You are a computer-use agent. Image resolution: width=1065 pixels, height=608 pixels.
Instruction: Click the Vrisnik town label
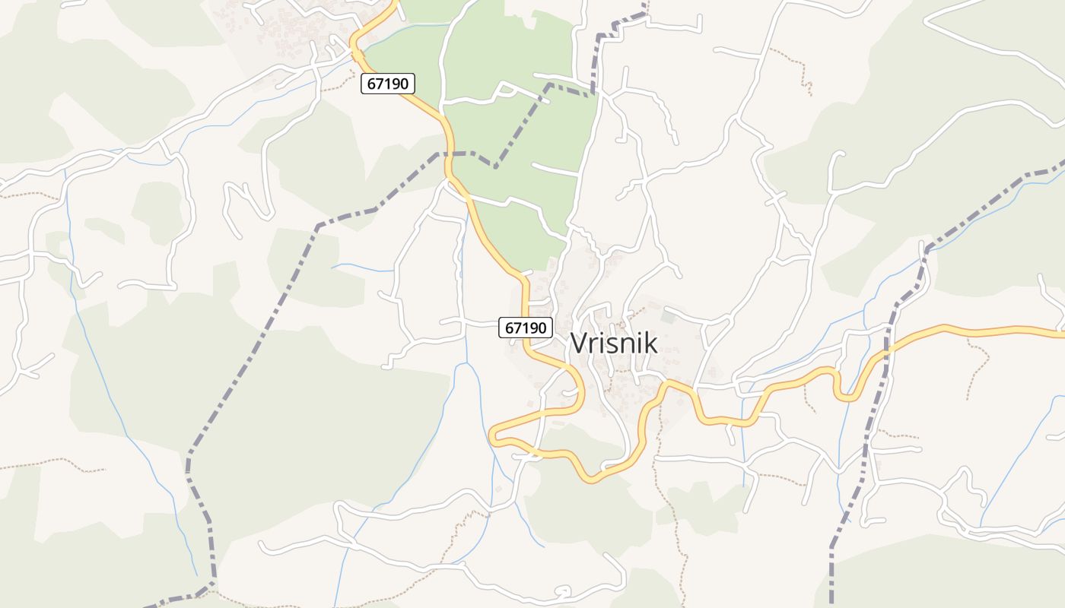click(x=614, y=344)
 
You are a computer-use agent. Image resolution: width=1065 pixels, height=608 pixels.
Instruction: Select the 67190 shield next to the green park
click(x=388, y=84)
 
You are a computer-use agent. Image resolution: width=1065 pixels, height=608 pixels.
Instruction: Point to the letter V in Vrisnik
click(x=579, y=344)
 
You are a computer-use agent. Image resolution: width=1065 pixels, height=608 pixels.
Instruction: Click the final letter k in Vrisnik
click(x=650, y=344)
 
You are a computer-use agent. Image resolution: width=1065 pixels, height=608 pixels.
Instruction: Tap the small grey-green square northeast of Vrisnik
click(x=668, y=317)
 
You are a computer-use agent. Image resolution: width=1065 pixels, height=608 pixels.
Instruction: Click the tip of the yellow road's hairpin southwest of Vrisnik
click(x=493, y=435)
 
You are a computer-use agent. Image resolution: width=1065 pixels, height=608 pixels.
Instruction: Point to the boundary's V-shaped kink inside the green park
click(x=496, y=166)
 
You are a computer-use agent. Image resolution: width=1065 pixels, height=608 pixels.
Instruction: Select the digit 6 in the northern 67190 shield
click(x=371, y=84)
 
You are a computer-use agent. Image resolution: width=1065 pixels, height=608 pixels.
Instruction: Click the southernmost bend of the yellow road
click(x=594, y=479)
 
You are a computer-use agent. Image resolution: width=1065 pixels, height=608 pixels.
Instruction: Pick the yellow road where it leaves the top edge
click(x=394, y=3)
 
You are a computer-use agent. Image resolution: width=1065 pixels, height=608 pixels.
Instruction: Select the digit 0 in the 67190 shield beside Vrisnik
click(x=543, y=328)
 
